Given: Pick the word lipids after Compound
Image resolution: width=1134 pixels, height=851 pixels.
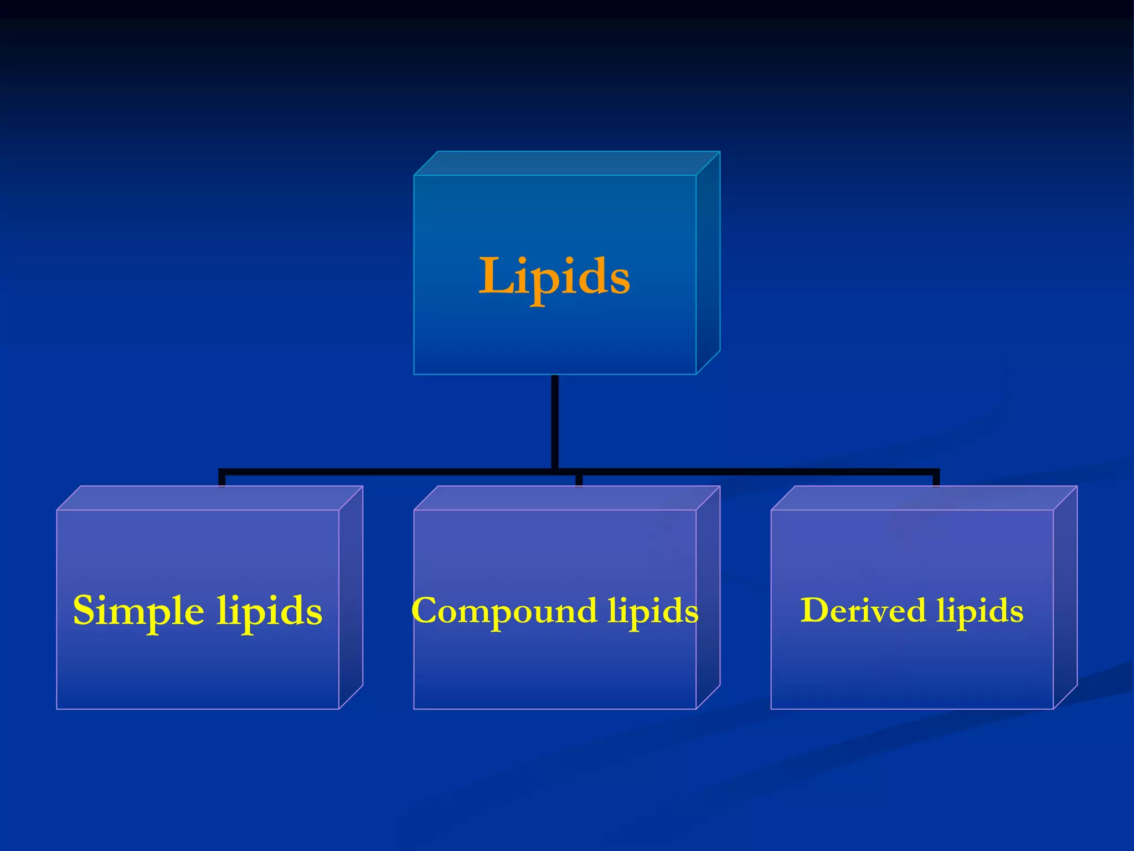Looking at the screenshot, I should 653,612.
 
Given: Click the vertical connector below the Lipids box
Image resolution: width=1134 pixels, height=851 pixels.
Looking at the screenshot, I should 555,421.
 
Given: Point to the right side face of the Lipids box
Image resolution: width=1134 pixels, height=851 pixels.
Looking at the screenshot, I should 708,263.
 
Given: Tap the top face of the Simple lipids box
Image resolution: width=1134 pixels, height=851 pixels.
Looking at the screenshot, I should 210,498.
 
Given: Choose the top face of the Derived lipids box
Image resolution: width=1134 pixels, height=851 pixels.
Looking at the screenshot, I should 924,498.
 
